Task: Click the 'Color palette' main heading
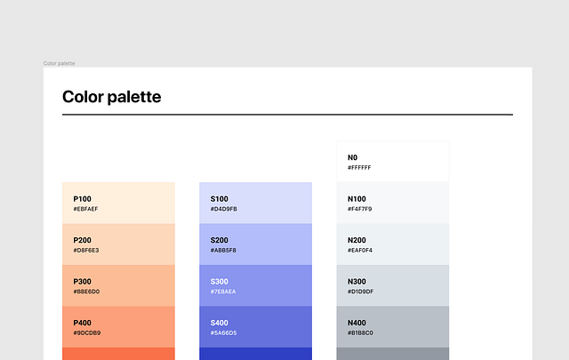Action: [112, 97]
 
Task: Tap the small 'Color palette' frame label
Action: [60, 63]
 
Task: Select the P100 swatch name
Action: [83, 199]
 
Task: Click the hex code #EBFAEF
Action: [86, 210]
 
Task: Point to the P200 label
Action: [83, 240]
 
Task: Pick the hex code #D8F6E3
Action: [86, 251]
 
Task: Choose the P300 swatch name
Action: [83, 282]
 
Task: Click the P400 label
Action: [83, 323]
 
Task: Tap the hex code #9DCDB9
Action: [87, 333]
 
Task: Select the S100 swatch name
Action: [220, 199]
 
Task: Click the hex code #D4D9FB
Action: [224, 210]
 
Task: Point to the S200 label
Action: [220, 240]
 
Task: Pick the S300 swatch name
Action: [220, 282]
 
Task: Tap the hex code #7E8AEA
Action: [224, 292]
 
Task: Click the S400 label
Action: [220, 323]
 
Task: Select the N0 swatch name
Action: [353, 157]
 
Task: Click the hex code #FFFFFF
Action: [360, 168]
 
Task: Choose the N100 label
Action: [357, 199]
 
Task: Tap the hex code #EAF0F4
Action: [361, 251]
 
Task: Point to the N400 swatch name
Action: [357, 323]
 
